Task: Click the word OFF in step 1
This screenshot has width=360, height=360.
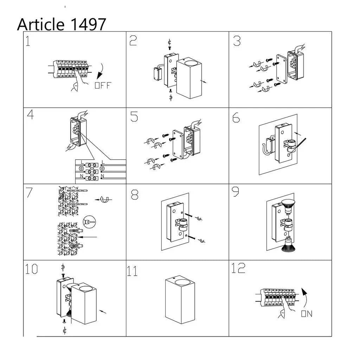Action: pyautogui.click(x=103, y=85)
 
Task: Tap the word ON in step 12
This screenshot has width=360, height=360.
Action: pyautogui.click(x=307, y=314)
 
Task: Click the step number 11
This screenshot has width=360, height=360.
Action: pyautogui.click(x=132, y=271)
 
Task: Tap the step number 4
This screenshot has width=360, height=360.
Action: pyautogui.click(x=30, y=115)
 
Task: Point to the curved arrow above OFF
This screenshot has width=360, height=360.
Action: pyautogui.click(x=101, y=71)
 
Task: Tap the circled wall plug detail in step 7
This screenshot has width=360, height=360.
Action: pyautogui.click(x=89, y=222)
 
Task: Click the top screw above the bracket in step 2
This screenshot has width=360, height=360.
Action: pyautogui.click(x=170, y=48)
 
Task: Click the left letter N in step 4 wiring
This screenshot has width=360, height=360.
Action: pyautogui.click(x=82, y=176)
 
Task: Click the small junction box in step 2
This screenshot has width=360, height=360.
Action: pyautogui.click(x=157, y=73)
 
